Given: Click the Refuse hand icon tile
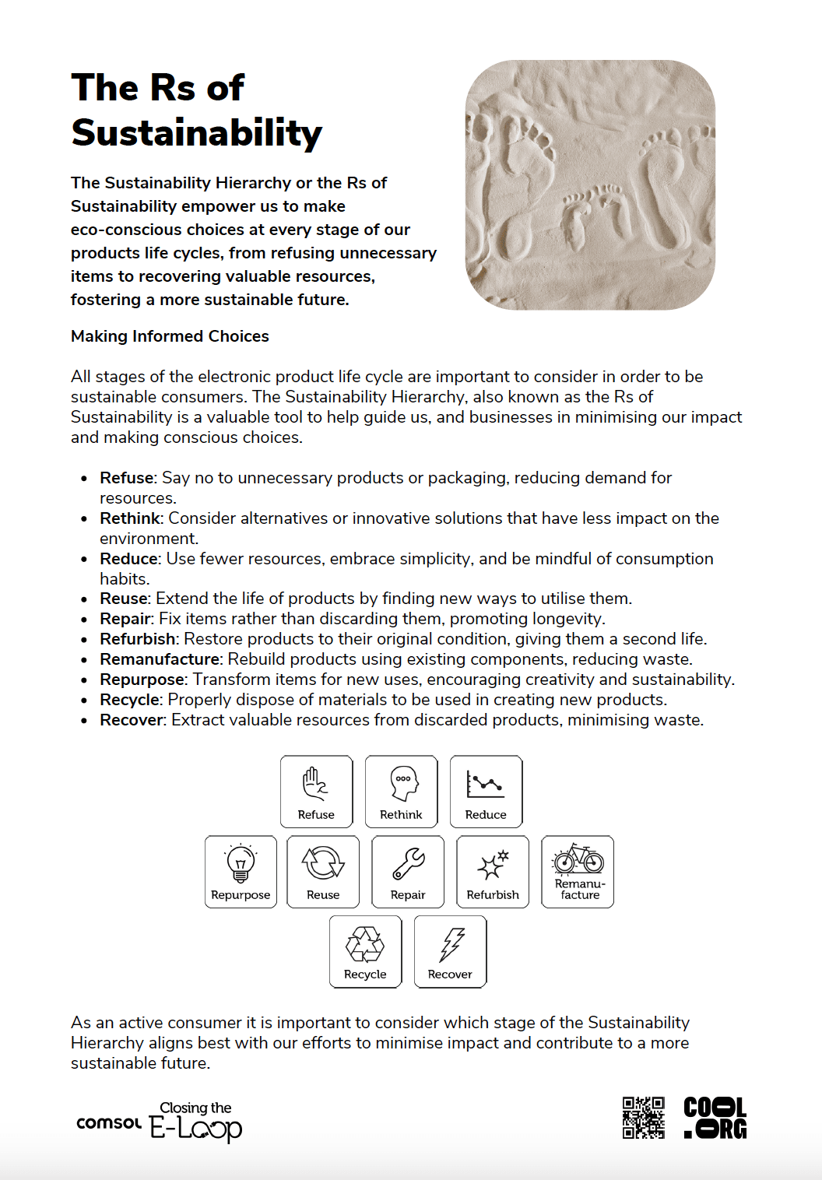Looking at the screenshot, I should pyautogui.click(x=316, y=791).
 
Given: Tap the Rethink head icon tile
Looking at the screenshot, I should pyautogui.click(x=401, y=791).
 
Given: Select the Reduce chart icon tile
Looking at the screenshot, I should pyautogui.click(x=486, y=791).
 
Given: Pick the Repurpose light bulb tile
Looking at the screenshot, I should pyautogui.click(x=241, y=871).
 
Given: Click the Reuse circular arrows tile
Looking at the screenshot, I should pyautogui.click(x=323, y=871).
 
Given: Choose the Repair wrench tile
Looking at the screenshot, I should pyautogui.click(x=408, y=871).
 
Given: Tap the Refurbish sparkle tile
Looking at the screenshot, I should pyautogui.click(x=493, y=871).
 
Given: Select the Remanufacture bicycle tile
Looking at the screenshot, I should pyautogui.click(x=578, y=871).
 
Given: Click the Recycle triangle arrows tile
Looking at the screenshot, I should pyautogui.click(x=365, y=951).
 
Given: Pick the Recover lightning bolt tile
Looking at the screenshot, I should pyautogui.click(x=450, y=951).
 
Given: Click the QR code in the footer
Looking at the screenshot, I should pyautogui.click(x=643, y=1118).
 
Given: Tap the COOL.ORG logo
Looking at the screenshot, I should pyautogui.click(x=715, y=1118).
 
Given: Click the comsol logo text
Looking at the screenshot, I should pyautogui.click(x=109, y=1123).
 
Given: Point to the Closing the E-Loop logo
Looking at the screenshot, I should pyautogui.click(x=196, y=1122).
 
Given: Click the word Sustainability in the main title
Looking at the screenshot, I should pyautogui.click(x=196, y=133).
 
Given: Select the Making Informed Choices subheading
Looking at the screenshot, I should pyautogui.click(x=170, y=336).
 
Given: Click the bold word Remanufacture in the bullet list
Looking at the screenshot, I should pyautogui.click(x=160, y=659).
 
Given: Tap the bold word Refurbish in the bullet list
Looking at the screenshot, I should pyautogui.click(x=139, y=639).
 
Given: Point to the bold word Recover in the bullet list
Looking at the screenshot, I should pyautogui.click(x=132, y=720).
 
